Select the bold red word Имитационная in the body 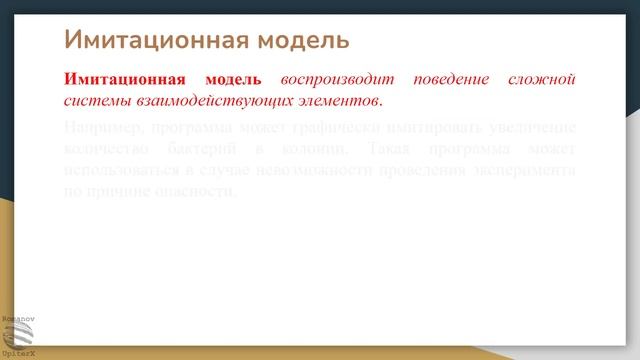point(125,79)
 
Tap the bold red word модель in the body point(233,79)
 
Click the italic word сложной point(548,79)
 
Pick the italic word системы point(94,101)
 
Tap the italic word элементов point(343,101)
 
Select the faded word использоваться point(125,170)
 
